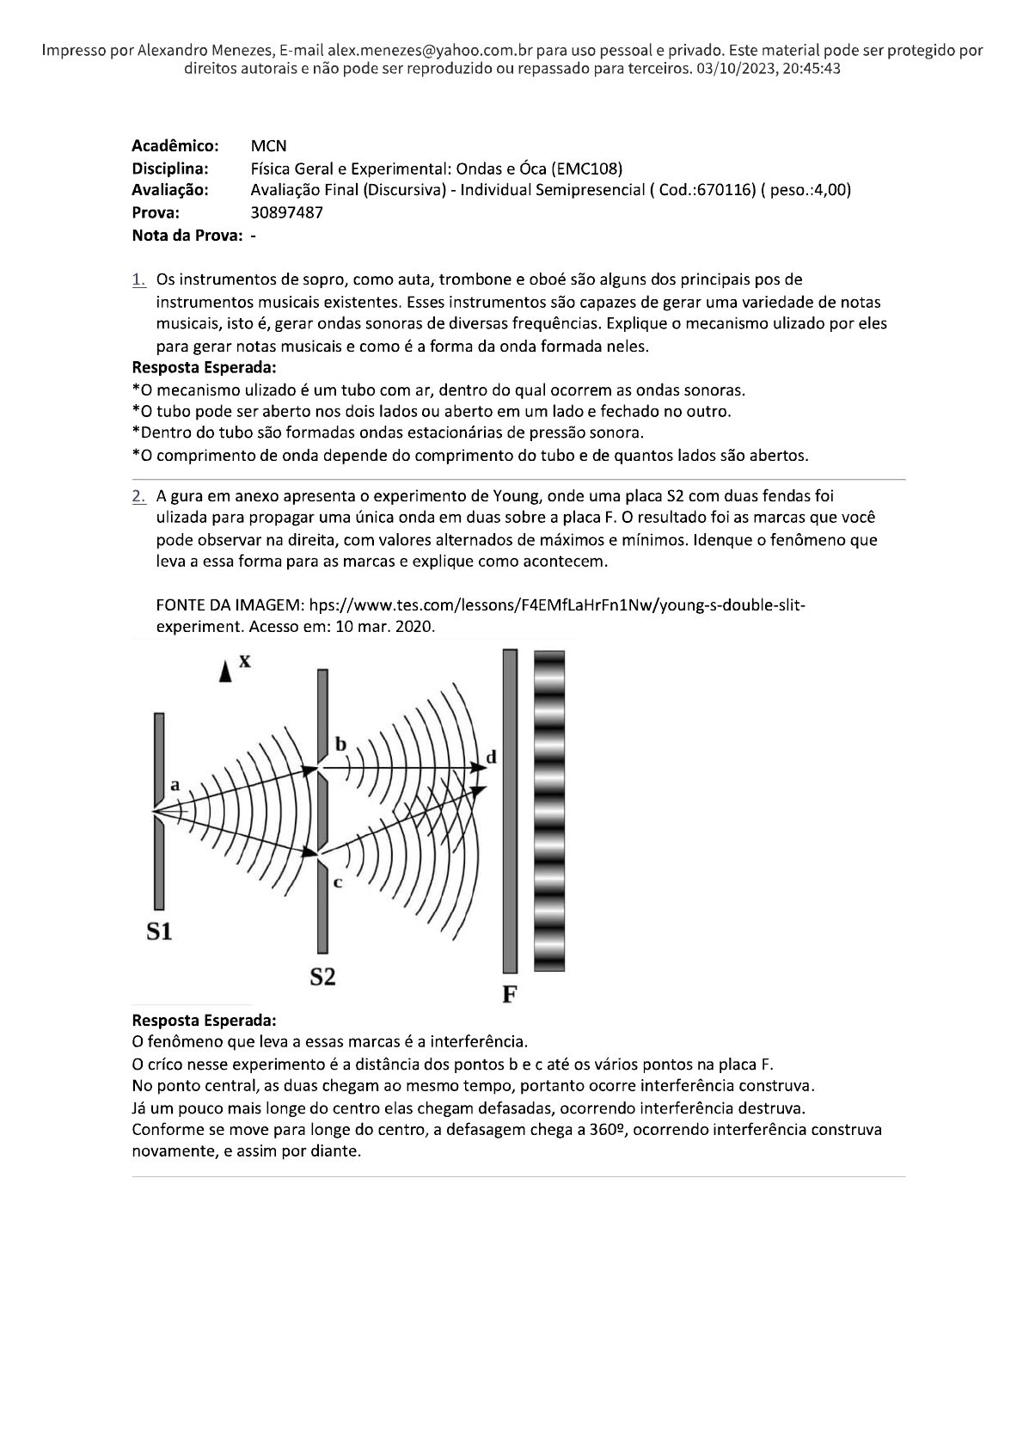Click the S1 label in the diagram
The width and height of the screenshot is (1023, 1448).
pos(158,930)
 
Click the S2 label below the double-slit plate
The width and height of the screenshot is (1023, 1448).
pos(322,976)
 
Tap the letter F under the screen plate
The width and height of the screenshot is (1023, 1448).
pos(509,995)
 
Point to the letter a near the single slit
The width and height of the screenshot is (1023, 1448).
pos(175,784)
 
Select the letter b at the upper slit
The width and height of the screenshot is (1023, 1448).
pos(340,743)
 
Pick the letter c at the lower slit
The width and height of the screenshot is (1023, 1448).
pos(338,883)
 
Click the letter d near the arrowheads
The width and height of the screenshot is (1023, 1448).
pos(491,757)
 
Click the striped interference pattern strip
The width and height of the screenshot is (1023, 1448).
pos(549,810)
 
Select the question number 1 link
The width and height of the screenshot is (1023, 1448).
pos(138,279)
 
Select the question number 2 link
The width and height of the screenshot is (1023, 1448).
pos(138,496)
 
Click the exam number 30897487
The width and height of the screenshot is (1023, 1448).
pos(286,212)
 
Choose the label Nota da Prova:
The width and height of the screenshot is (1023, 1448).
pos(189,235)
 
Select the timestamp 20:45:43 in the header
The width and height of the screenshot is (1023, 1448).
pos(810,69)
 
